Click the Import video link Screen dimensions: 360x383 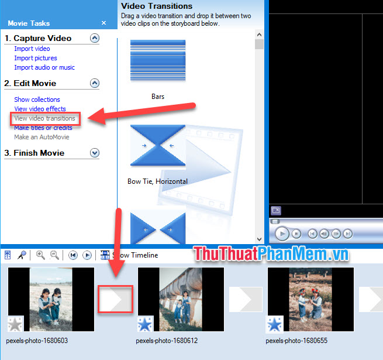coord(32,49)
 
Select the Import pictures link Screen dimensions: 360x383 coord(36,58)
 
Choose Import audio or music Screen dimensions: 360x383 coord(44,67)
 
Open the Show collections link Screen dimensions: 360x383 coord(37,100)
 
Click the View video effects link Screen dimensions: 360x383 coord(40,109)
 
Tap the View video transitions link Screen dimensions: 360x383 coord(45,118)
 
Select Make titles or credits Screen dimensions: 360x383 coord(43,128)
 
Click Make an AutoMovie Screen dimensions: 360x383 coord(42,137)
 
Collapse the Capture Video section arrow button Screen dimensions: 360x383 coord(95,38)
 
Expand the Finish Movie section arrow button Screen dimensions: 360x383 coord(95,153)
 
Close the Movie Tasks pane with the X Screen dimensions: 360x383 coord(103,23)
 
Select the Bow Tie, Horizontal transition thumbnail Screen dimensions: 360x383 coord(157,145)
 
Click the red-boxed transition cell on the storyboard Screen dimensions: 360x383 coord(116,300)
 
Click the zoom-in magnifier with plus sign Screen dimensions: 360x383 coord(40,255)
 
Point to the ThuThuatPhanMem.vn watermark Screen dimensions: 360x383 coord(271,255)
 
